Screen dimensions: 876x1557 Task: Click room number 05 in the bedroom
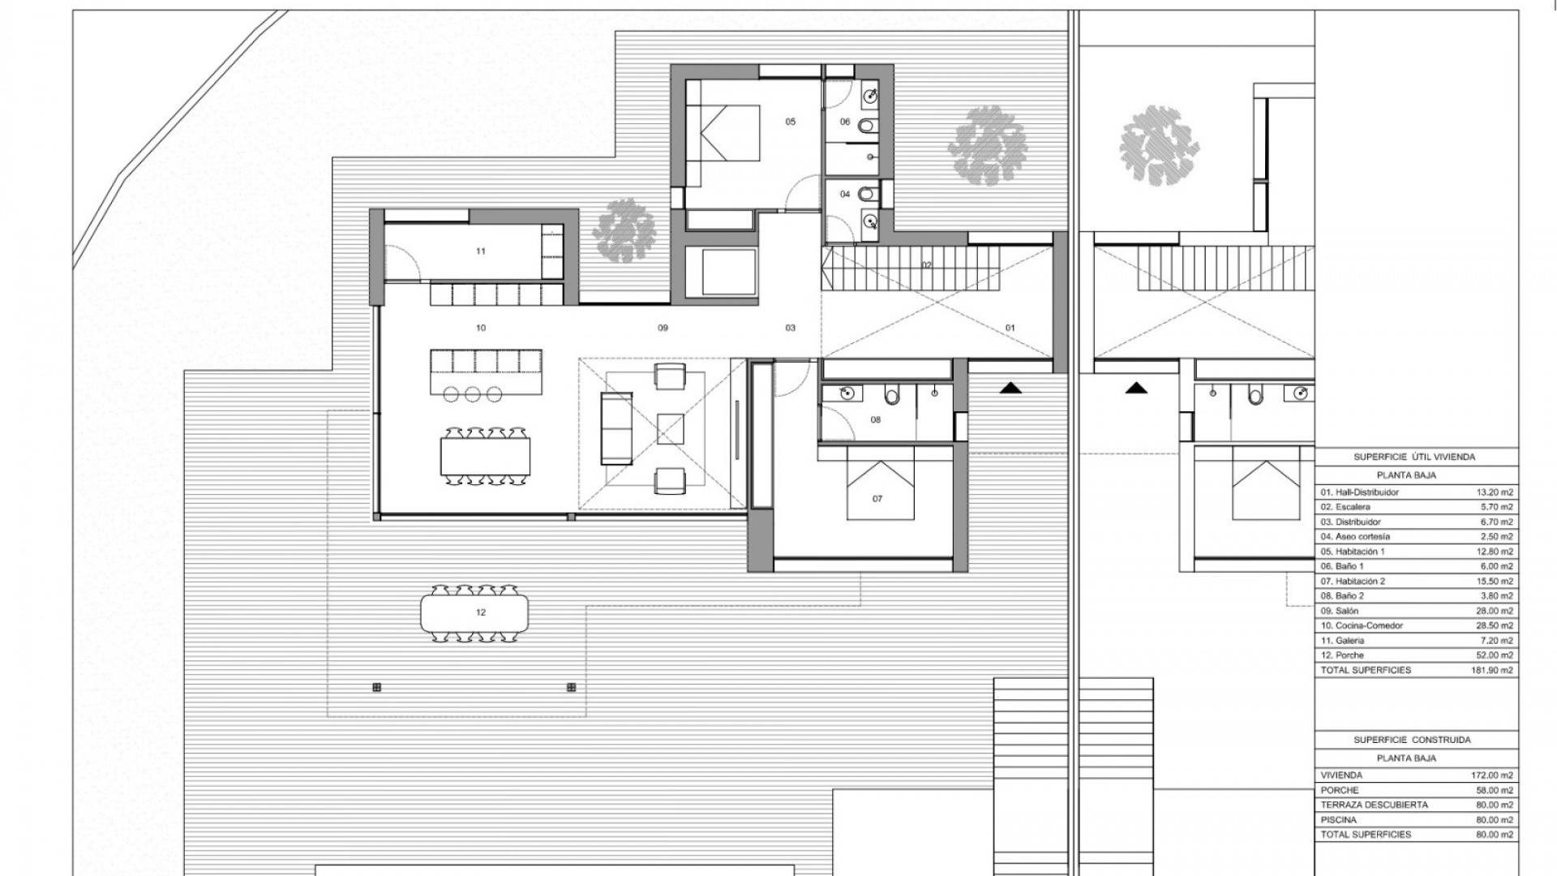pyautogui.click(x=790, y=122)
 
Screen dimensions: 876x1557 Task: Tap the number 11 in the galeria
pyautogui.click(x=481, y=251)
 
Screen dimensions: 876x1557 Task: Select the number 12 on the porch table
pyautogui.click(x=481, y=612)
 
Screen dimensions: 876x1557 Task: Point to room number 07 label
pyautogui.click(x=877, y=499)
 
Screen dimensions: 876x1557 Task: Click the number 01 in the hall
pyautogui.click(x=1010, y=328)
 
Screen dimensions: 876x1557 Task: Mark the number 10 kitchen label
pyautogui.click(x=481, y=328)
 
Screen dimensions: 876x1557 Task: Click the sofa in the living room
pyautogui.click(x=616, y=428)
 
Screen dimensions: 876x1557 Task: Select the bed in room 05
pyautogui.click(x=723, y=133)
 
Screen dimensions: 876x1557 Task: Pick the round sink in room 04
pyautogui.click(x=869, y=219)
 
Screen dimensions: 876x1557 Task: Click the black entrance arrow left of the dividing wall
pyautogui.click(x=1010, y=389)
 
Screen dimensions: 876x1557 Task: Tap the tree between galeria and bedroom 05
pyautogui.click(x=624, y=230)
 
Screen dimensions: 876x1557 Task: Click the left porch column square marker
pyautogui.click(x=376, y=688)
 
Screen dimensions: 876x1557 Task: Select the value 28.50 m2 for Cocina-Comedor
pyautogui.click(x=1495, y=625)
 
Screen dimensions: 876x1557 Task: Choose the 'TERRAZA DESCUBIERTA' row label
pyautogui.click(x=1374, y=805)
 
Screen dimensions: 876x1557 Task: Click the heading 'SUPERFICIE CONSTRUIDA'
pyautogui.click(x=1412, y=740)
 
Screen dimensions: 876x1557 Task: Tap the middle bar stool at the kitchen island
pyautogui.click(x=474, y=394)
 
